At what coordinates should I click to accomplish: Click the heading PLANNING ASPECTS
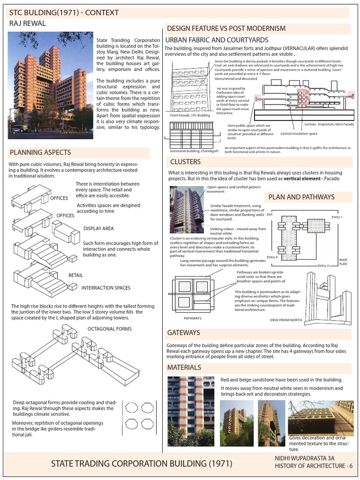point(41,152)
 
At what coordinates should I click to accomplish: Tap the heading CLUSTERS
point(185,162)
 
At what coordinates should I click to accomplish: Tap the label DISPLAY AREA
point(99,229)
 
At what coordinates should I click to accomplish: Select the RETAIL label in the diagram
point(76,275)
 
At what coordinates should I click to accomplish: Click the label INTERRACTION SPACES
point(106,287)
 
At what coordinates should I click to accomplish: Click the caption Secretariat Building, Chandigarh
point(193,151)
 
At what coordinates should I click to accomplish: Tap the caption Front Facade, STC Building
point(190,115)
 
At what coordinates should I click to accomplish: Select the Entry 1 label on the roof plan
point(337,217)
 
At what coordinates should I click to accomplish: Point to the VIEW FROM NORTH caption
point(286,320)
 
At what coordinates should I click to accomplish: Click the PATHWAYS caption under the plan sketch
point(192,318)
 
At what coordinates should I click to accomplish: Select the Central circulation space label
point(299,134)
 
